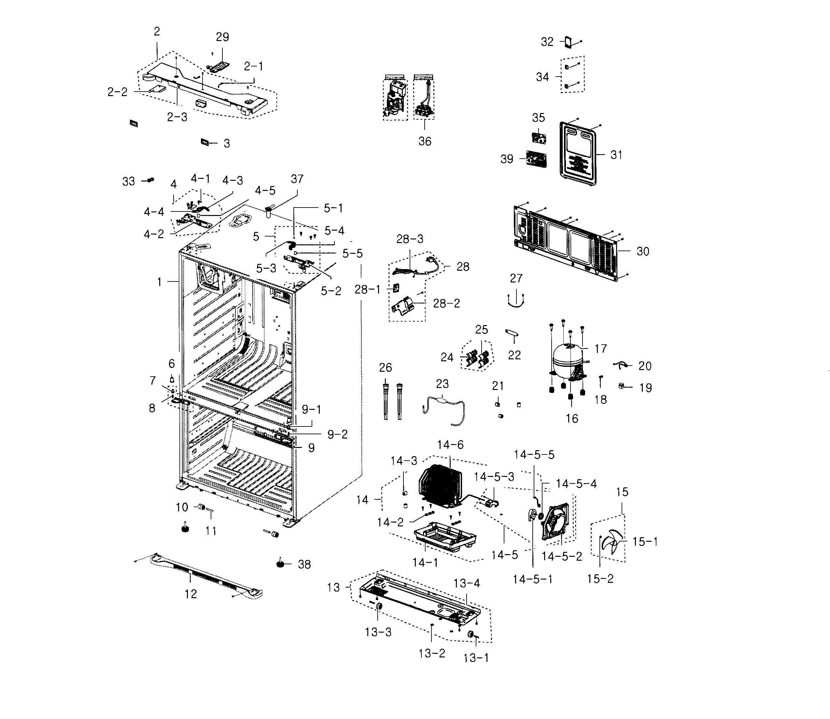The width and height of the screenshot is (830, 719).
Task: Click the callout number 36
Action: [x=425, y=141]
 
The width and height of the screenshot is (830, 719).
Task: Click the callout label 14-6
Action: [x=450, y=445]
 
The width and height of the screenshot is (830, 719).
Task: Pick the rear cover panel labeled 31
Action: [x=577, y=154]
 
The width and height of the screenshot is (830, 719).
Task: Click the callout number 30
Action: [x=643, y=251]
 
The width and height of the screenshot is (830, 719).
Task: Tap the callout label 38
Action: [x=304, y=565]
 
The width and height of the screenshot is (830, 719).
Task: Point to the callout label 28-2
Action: [x=446, y=303]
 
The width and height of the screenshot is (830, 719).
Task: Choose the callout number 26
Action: [x=385, y=367]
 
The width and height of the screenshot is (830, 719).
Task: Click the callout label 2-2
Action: [x=117, y=92]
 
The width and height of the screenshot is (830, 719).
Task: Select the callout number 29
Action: [x=222, y=37]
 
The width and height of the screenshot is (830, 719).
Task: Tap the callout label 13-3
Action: [x=378, y=632]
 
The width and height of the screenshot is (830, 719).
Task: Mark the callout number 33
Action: [x=128, y=181]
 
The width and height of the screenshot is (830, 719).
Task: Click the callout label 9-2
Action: [x=338, y=434]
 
